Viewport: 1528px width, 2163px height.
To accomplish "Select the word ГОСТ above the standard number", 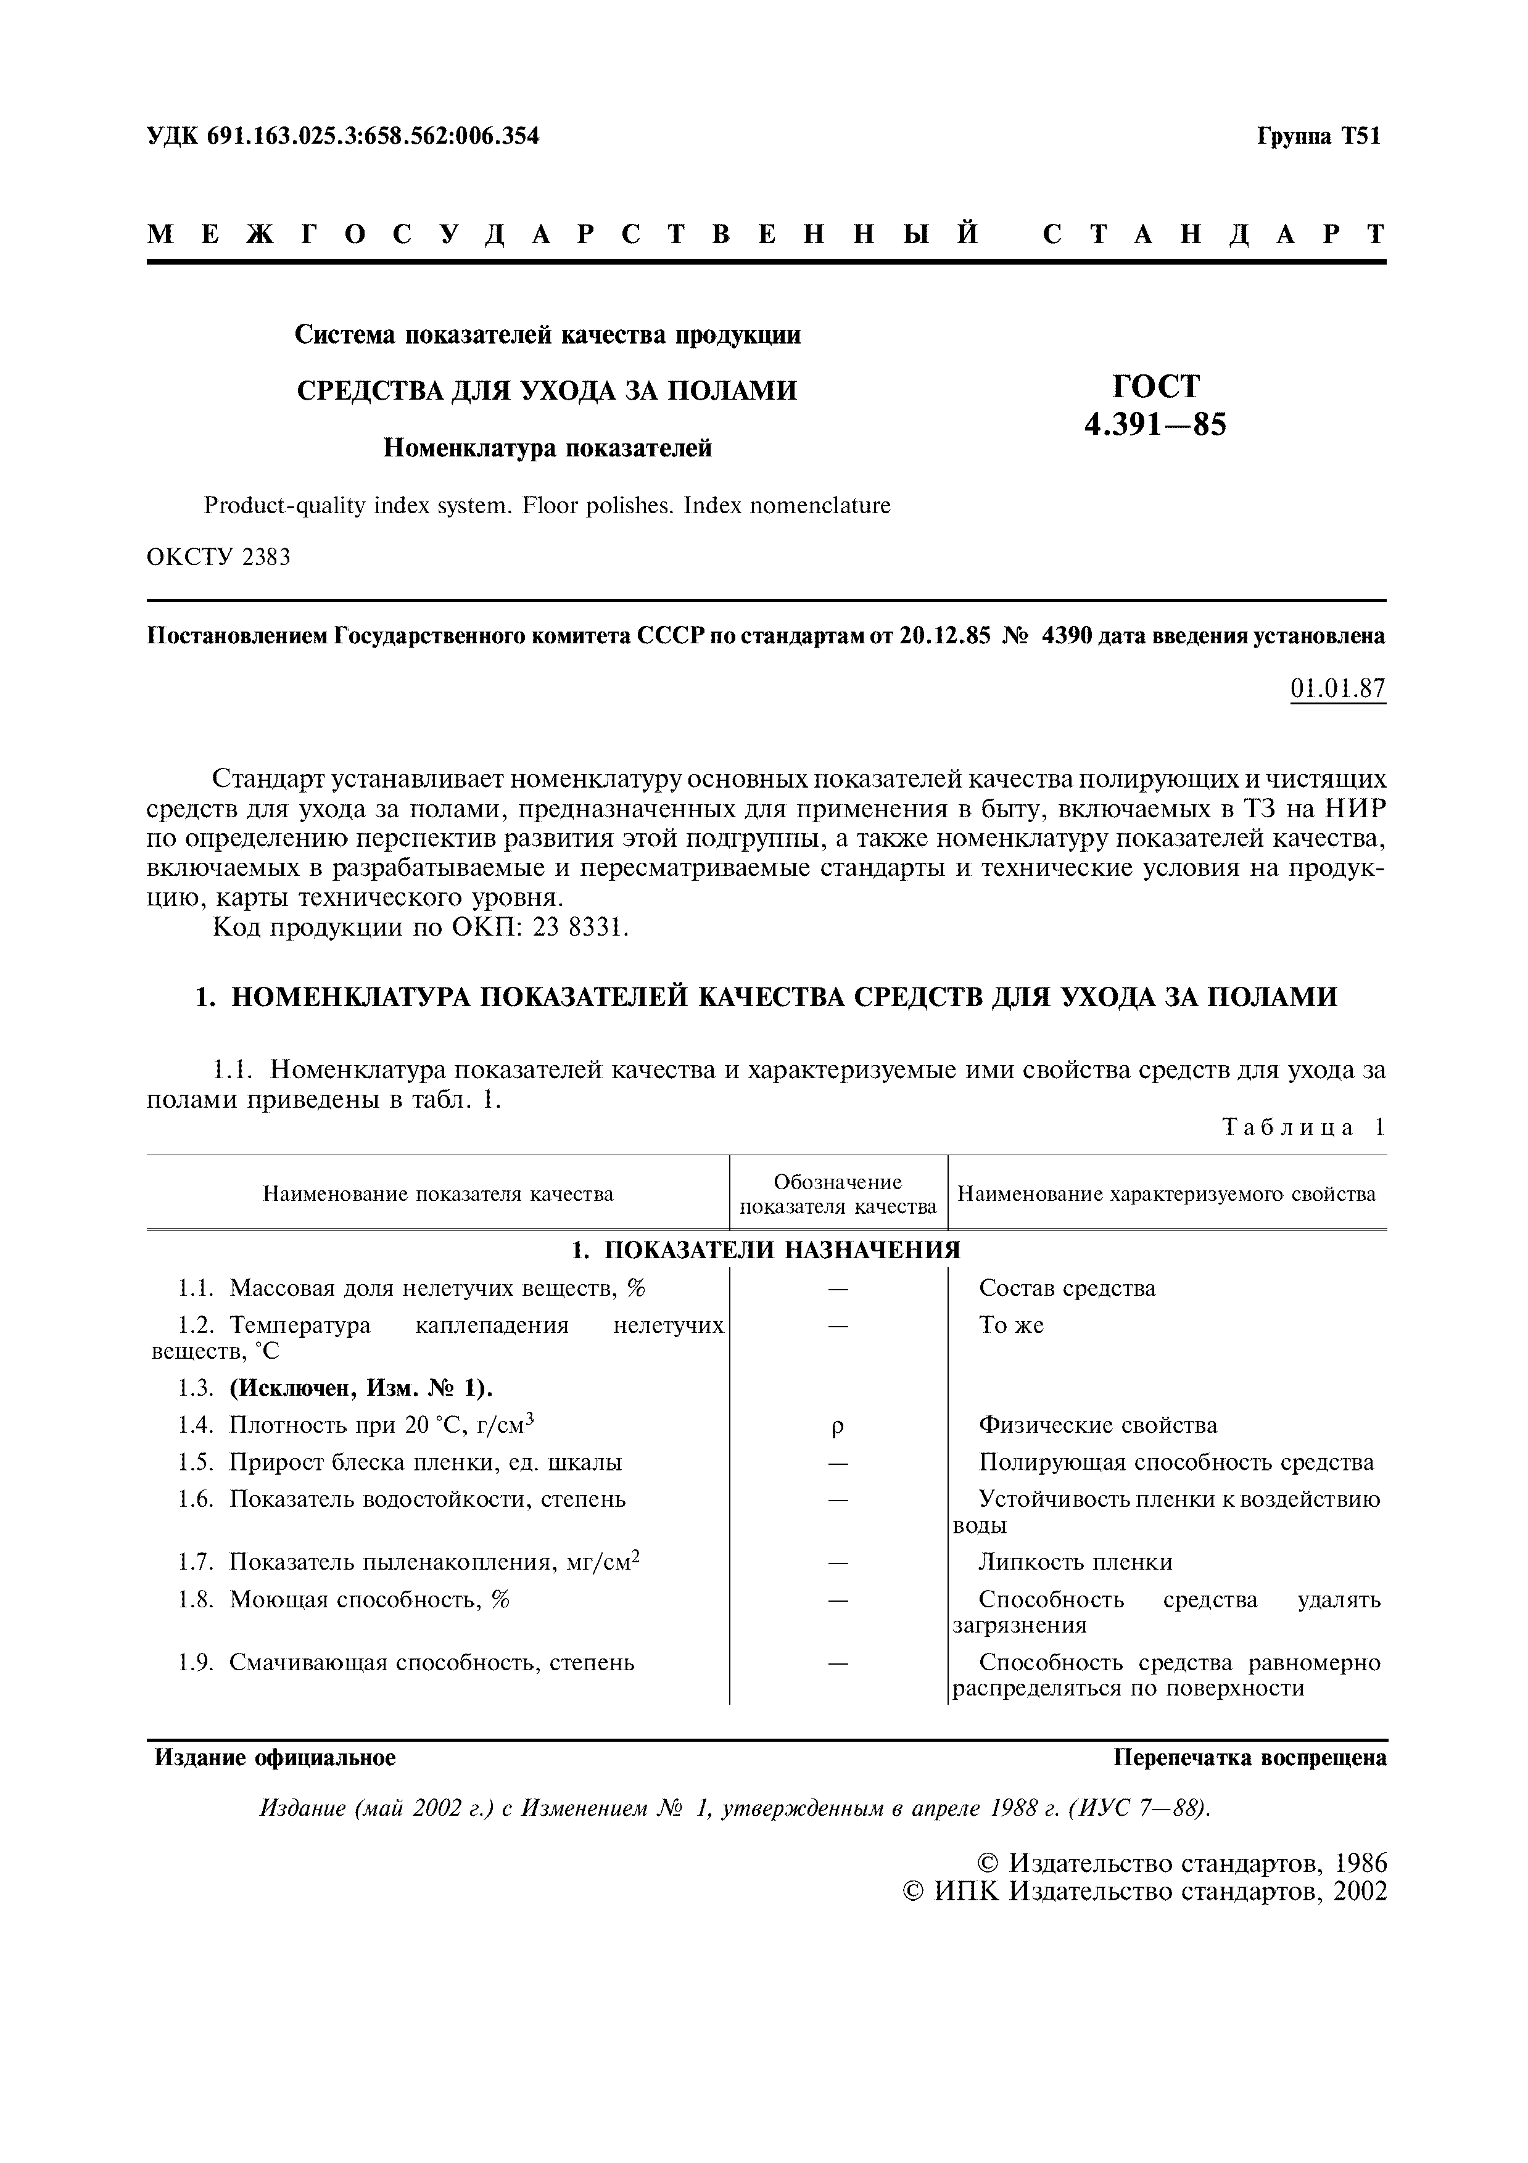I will (x=1156, y=386).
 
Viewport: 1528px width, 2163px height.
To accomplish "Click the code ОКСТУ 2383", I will (x=218, y=557).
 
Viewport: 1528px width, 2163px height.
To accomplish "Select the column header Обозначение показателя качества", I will (x=838, y=1193).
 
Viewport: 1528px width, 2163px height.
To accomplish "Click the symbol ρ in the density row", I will (x=838, y=1427).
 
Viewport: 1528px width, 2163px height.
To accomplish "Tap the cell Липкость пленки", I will (x=1075, y=1562).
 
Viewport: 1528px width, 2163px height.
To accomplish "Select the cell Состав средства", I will (x=1067, y=1288).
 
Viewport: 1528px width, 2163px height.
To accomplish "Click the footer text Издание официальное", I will (x=275, y=1757).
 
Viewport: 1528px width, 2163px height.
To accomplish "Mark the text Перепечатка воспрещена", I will (x=1249, y=1757).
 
